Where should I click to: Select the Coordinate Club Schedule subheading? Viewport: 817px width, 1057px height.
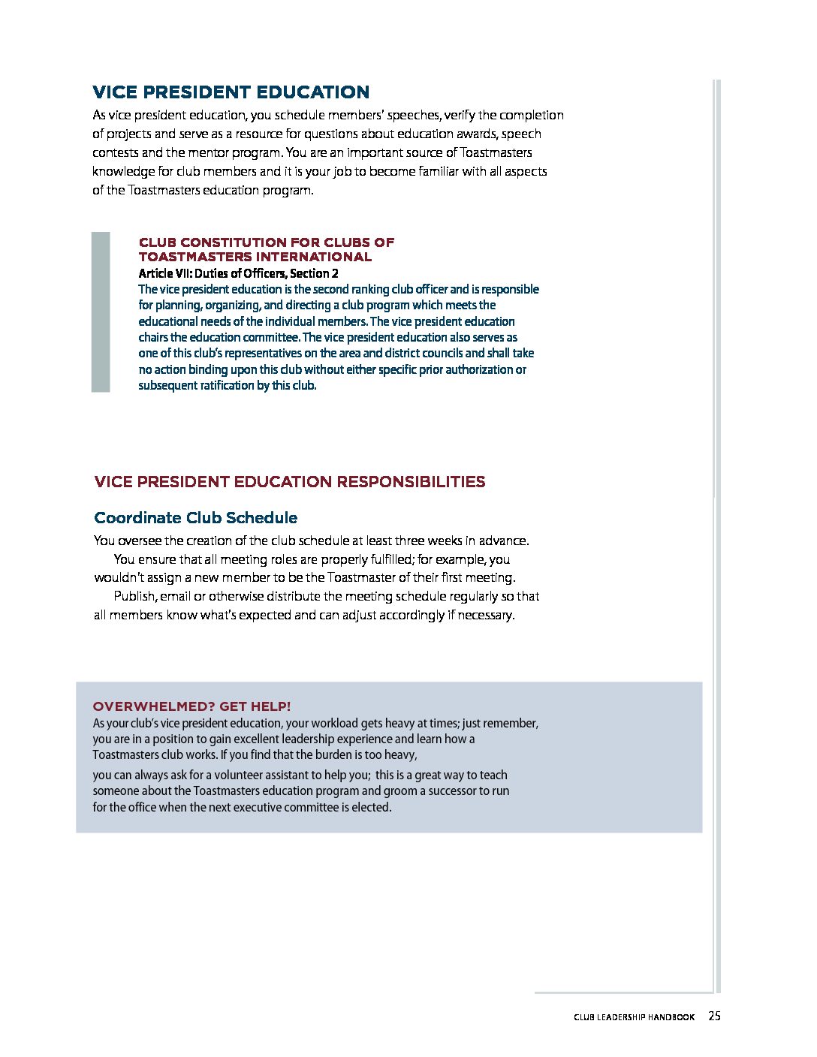[195, 518]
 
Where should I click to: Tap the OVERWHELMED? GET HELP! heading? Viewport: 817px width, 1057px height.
[191, 706]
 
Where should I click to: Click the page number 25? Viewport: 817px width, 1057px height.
[714, 1016]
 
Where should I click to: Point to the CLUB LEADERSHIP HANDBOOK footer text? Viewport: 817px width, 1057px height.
[634, 1017]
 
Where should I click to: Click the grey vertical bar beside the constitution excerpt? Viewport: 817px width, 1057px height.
[101, 312]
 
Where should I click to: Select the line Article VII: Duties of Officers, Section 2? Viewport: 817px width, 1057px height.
[238, 273]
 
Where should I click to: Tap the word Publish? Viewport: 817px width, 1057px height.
[134, 596]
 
